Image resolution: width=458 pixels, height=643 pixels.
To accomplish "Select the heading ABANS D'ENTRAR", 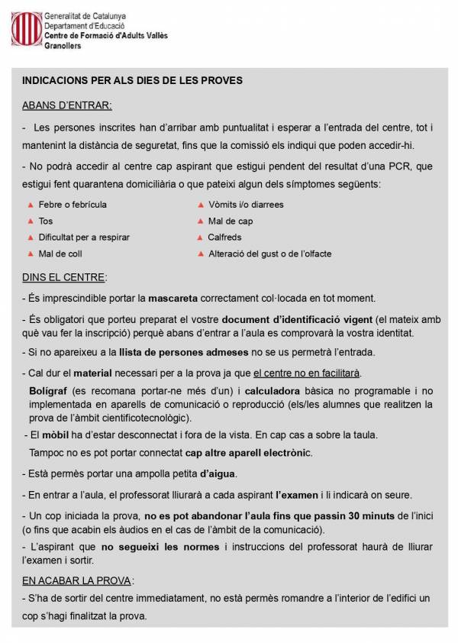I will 67,104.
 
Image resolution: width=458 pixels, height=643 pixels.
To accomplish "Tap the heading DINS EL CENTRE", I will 65,276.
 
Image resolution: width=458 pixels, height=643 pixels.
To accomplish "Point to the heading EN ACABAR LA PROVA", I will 77,580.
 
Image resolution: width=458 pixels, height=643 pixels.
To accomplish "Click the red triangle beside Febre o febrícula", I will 31,205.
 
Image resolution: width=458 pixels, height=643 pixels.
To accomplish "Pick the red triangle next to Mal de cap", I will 200,221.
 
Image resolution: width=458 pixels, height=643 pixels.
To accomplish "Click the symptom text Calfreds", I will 225,237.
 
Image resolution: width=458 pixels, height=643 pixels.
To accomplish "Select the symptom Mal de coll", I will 60,254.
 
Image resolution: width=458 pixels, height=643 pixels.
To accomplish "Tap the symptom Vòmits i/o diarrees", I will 246,205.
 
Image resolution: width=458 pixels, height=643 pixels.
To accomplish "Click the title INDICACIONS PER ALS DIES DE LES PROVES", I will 133,79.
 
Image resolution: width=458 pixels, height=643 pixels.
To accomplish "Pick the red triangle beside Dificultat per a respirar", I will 31,237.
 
